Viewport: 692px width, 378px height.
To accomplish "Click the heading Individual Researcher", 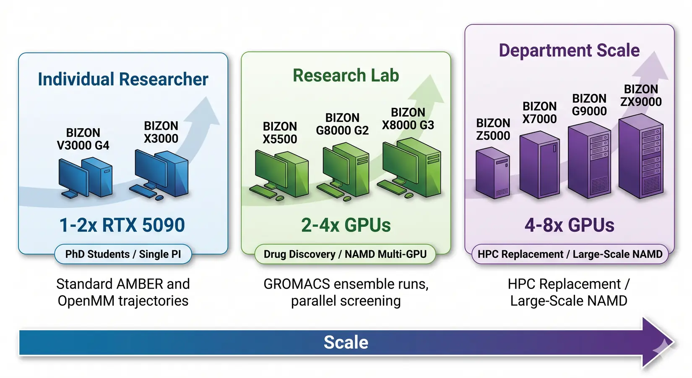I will coord(123,79).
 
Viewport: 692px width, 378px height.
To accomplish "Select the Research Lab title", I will coord(346,76).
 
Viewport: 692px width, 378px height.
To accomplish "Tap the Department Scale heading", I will coord(569,50).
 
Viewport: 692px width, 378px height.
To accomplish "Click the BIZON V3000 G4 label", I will coord(83,139).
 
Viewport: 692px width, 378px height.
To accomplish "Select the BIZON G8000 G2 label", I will coord(342,124).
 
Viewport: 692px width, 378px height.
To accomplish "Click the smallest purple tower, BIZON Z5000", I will coord(493,174).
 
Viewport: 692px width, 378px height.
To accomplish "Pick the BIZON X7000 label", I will coord(539,113).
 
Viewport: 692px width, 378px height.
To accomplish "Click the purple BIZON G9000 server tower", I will coord(589,160).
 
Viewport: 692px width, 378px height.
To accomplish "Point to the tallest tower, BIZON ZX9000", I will coord(640,157).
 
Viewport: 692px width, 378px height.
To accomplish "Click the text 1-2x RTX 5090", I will coord(122,225).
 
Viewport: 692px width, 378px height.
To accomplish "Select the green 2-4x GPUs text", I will coord(346,225).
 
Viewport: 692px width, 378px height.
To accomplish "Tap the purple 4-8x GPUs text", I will coord(569,225).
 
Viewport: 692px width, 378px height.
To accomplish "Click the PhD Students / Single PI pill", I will coord(123,254).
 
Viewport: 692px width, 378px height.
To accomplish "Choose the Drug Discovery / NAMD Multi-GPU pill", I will coord(345,254).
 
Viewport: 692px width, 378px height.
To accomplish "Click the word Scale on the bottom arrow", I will coord(346,342).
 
